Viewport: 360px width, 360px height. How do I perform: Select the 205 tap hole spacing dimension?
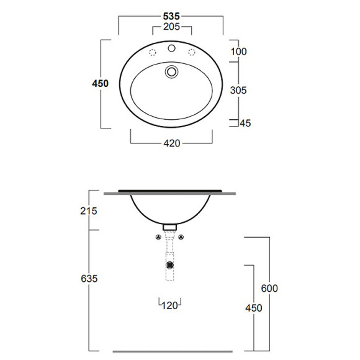click(x=171, y=27)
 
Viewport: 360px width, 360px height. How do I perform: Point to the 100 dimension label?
click(x=238, y=51)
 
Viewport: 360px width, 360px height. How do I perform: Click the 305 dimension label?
click(x=238, y=90)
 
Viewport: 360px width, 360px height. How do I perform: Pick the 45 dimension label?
click(x=245, y=124)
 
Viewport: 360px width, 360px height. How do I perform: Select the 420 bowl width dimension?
click(x=171, y=143)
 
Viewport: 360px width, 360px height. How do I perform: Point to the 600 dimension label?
click(x=269, y=288)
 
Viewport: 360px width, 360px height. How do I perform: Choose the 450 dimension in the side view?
click(x=253, y=308)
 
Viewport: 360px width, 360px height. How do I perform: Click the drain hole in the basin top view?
click(x=171, y=72)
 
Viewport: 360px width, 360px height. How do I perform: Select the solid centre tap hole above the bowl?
click(x=172, y=49)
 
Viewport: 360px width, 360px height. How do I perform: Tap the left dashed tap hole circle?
click(x=151, y=51)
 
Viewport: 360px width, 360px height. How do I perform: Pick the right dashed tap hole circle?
click(x=192, y=51)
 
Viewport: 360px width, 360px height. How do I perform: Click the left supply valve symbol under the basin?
click(x=158, y=238)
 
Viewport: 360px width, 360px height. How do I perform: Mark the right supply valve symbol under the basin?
click(x=182, y=238)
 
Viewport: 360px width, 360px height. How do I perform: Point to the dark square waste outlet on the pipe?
click(x=170, y=264)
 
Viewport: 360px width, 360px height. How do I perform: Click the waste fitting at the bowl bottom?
click(x=170, y=225)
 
